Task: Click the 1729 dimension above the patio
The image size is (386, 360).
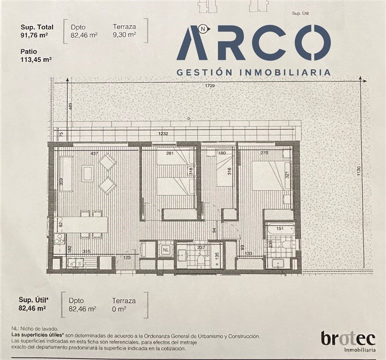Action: coord(210,86)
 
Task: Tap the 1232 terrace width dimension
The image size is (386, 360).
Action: coord(163,133)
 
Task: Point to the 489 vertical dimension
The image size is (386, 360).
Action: coord(71,107)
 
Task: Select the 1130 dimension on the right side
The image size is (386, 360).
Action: coord(358,171)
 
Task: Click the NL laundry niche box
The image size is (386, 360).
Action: coord(166,250)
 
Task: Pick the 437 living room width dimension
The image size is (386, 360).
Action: coord(94,153)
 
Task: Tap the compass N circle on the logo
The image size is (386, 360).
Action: coord(203,29)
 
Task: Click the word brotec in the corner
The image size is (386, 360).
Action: coord(348,339)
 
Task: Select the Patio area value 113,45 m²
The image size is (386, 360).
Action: coord(36,59)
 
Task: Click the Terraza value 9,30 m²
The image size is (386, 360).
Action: coord(124,35)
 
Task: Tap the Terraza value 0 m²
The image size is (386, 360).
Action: coord(119,309)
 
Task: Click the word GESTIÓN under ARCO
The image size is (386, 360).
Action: coord(205,72)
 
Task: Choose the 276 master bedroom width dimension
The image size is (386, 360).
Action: coord(264,153)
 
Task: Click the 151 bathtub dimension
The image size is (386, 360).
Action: coord(280,228)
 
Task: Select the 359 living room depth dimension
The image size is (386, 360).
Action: coord(62,182)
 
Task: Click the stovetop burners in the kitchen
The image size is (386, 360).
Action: coord(59,239)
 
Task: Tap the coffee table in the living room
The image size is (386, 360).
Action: coord(87,173)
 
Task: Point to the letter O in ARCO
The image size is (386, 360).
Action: coord(317,42)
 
